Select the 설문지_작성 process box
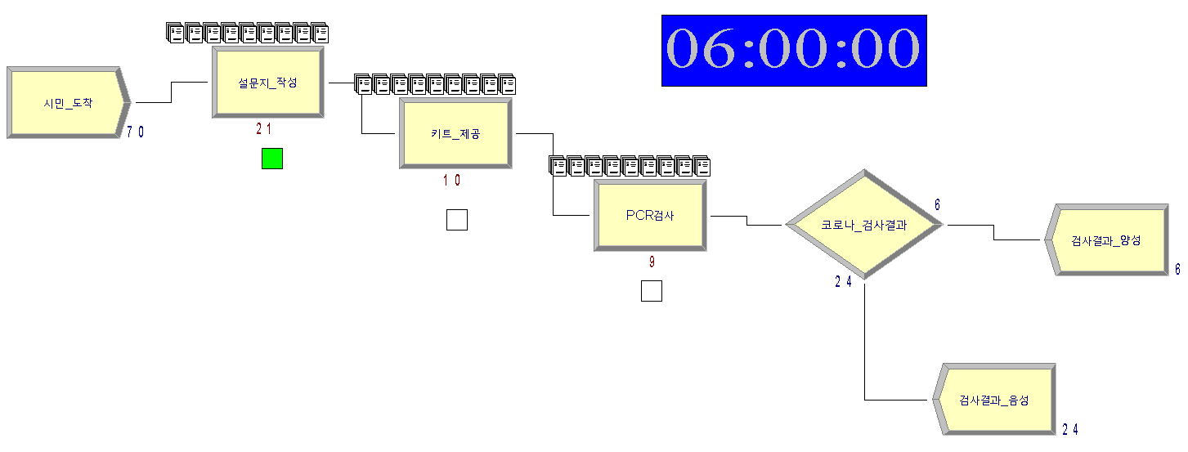click(x=267, y=83)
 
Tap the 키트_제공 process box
click(x=455, y=134)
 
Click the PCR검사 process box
click(x=650, y=216)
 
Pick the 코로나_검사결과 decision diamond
click(x=863, y=224)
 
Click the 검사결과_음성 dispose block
click(x=994, y=401)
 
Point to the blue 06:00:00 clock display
click(x=794, y=50)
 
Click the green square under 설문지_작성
click(x=272, y=159)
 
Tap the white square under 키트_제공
click(x=457, y=219)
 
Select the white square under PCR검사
click(x=652, y=291)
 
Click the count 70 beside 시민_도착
click(x=136, y=132)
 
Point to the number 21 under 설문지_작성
click(x=263, y=129)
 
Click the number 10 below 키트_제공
click(x=451, y=181)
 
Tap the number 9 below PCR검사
click(x=652, y=262)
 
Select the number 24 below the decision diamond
click(x=844, y=282)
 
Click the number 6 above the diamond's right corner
click(x=937, y=204)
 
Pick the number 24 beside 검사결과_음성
click(x=1071, y=429)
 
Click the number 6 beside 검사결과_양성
click(x=1177, y=268)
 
